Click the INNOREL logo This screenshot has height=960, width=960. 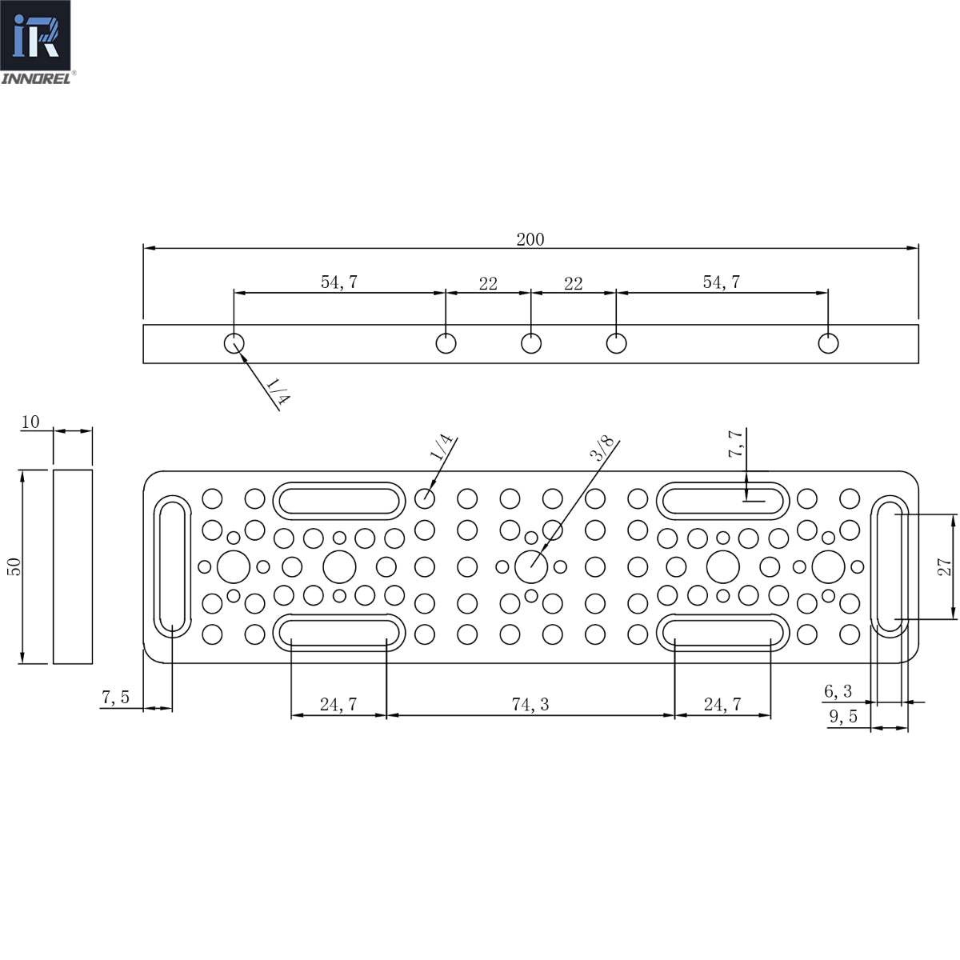(x=37, y=42)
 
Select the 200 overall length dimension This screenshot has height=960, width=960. (x=530, y=239)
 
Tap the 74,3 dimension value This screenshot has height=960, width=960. (x=530, y=704)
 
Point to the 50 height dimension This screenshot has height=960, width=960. (x=14, y=566)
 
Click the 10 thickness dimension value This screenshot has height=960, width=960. (x=30, y=422)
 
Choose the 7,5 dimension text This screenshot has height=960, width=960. (x=115, y=697)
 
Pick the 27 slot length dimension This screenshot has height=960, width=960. (x=945, y=566)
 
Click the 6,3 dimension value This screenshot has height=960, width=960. (x=838, y=691)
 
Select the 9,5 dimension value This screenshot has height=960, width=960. (x=842, y=717)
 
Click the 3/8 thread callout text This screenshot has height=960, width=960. (x=602, y=448)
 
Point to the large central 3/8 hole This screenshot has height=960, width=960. (x=530, y=567)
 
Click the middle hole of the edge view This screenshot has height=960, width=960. (x=531, y=343)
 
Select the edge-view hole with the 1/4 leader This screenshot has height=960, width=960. (x=233, y=343)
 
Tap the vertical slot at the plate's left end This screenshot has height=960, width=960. (x=172, y=566)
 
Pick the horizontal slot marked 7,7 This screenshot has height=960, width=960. (x=722, y=501)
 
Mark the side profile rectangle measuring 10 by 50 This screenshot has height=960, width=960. (x=73, y=566)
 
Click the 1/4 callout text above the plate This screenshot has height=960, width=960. (x=441, y=446)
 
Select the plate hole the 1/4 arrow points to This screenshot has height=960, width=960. (x=425, y=498)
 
